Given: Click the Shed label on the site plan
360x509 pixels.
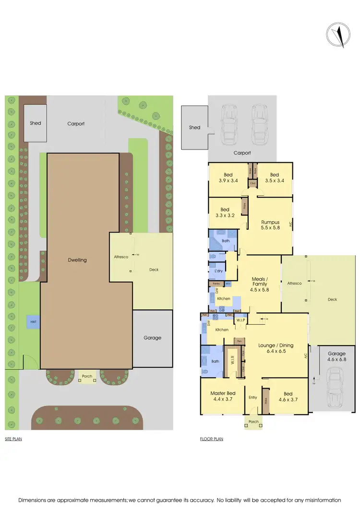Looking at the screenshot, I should [36, 123].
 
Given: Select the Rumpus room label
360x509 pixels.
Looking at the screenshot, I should [270, 225].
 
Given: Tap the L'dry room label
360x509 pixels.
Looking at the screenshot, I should [219, 271].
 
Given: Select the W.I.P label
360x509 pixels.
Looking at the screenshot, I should [240, 320].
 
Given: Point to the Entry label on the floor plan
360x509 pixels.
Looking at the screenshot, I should [253, 397].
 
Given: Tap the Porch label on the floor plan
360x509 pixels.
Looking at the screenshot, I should [253, 422].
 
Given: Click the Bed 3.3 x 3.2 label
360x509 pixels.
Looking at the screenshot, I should [224, 213].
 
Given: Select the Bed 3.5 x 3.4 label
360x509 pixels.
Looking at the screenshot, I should [274, 178].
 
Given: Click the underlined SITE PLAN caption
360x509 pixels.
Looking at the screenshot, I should [13, 439].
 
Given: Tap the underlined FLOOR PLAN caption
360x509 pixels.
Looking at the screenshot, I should [211, 439].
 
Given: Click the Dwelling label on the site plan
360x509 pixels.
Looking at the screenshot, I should [77, 260].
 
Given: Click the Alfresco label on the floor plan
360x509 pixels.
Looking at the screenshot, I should [294, 283].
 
